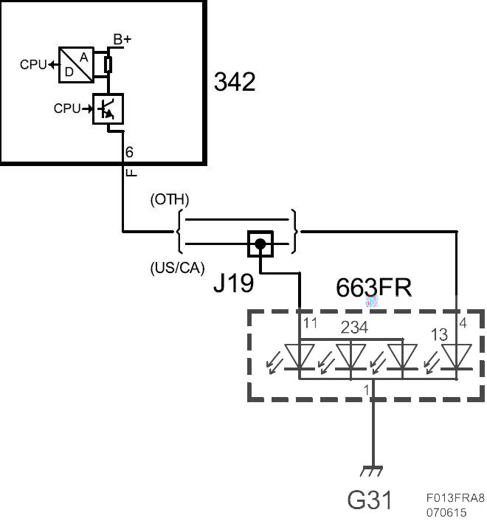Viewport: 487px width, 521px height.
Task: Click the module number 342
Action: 235,82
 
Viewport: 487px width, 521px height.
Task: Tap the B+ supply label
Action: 122,39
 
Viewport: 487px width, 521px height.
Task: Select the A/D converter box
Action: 76,65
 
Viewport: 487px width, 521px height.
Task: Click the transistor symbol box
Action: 108,109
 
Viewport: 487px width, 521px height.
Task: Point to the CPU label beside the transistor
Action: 67,108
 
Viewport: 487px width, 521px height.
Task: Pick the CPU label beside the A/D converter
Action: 33,64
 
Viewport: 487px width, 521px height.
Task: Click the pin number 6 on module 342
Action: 129,152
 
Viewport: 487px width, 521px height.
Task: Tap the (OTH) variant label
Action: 170,199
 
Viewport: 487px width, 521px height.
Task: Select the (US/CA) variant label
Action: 177,268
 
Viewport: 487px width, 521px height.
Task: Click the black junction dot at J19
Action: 260,244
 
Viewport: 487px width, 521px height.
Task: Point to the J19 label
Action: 233,283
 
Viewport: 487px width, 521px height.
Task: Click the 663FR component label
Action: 373,287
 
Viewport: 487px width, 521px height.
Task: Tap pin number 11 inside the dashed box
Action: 310,323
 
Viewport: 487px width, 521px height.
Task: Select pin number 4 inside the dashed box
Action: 463,322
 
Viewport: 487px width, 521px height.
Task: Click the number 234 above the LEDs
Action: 354,328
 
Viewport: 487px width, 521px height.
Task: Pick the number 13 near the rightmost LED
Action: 439,334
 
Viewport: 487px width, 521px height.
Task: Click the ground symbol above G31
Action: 371,471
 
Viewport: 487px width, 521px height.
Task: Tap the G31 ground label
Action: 370,500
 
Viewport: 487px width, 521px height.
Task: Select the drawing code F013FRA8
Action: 455,497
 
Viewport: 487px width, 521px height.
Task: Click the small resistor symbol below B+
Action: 108,65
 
